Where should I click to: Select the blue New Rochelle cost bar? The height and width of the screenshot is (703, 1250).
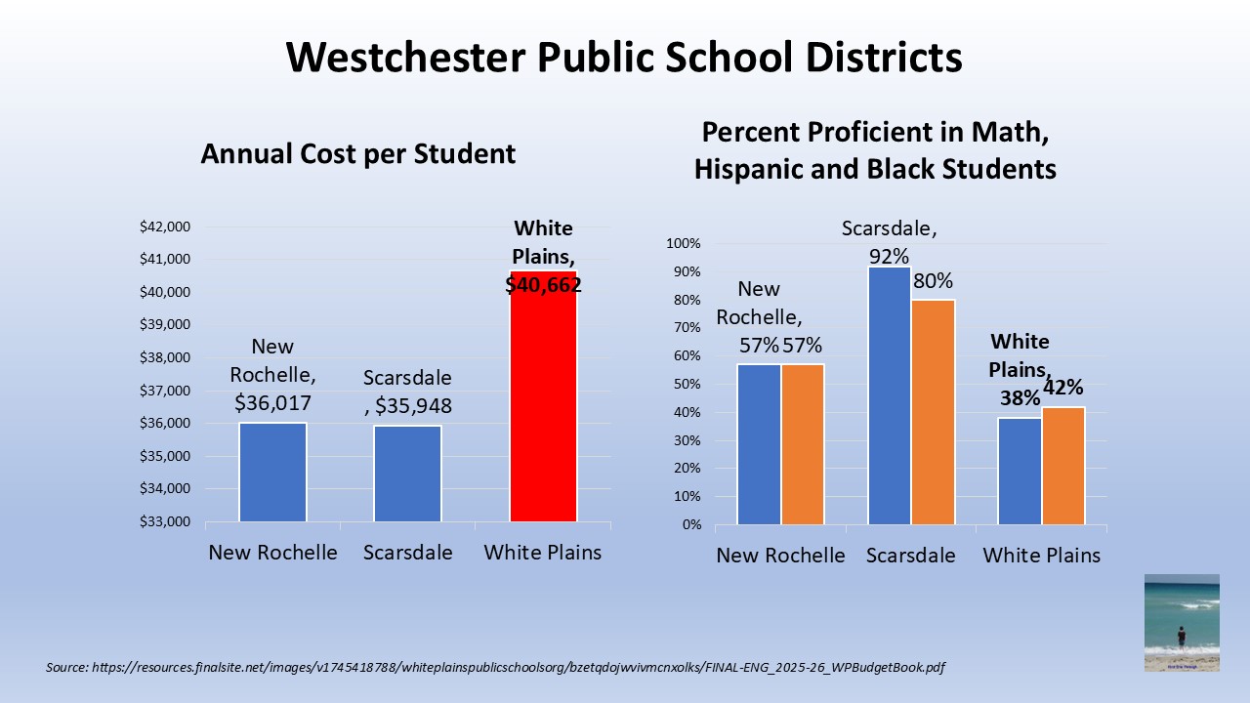click(272, 473)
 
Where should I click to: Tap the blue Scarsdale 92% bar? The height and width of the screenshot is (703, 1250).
click(889, 395)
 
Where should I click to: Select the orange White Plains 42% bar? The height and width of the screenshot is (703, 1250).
click(1063, 466)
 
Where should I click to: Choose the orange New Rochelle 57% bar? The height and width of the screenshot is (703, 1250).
click(803, 444)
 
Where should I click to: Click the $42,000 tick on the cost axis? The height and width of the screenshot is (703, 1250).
click(164, 227)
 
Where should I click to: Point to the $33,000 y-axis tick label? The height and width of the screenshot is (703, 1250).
click(164, 521)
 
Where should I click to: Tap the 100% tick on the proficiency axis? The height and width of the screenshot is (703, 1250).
click(684, 243)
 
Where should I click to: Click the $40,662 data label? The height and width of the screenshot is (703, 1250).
click(543, 285)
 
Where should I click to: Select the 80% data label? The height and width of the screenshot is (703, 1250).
click(933, 281)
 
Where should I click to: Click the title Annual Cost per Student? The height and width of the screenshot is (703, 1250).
click(357, 153)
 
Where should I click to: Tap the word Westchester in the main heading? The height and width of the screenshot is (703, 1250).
click(404, 58)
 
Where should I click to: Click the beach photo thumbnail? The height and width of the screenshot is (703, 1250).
click(1182, 622)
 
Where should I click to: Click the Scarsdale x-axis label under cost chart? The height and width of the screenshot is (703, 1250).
click(408, 553)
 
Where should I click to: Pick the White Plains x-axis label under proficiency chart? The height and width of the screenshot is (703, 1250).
click(1041, 556)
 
